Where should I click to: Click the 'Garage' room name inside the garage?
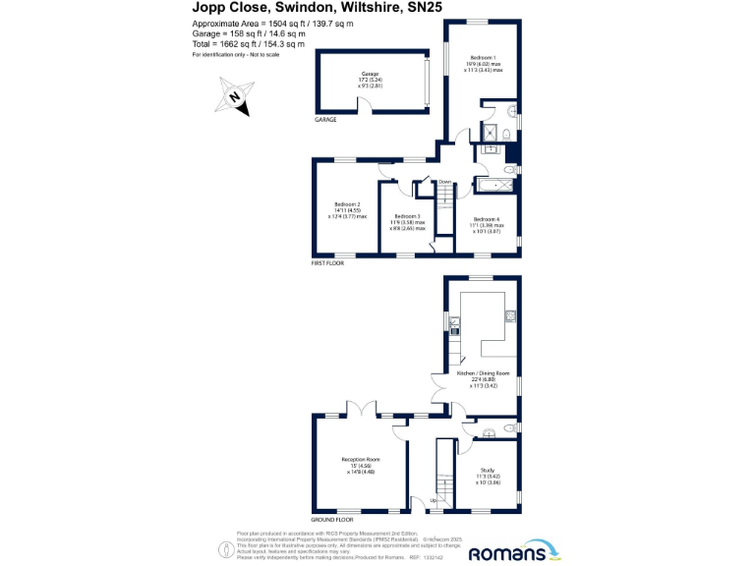[370, 74]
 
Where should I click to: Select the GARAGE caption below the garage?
[325, 120]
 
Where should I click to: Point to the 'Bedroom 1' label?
[483, 59]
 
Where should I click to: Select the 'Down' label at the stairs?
[444, 182]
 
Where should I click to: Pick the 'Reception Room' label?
[361, 460]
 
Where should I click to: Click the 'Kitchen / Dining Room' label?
[483, 373]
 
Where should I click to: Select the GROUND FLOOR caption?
[332, 519]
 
